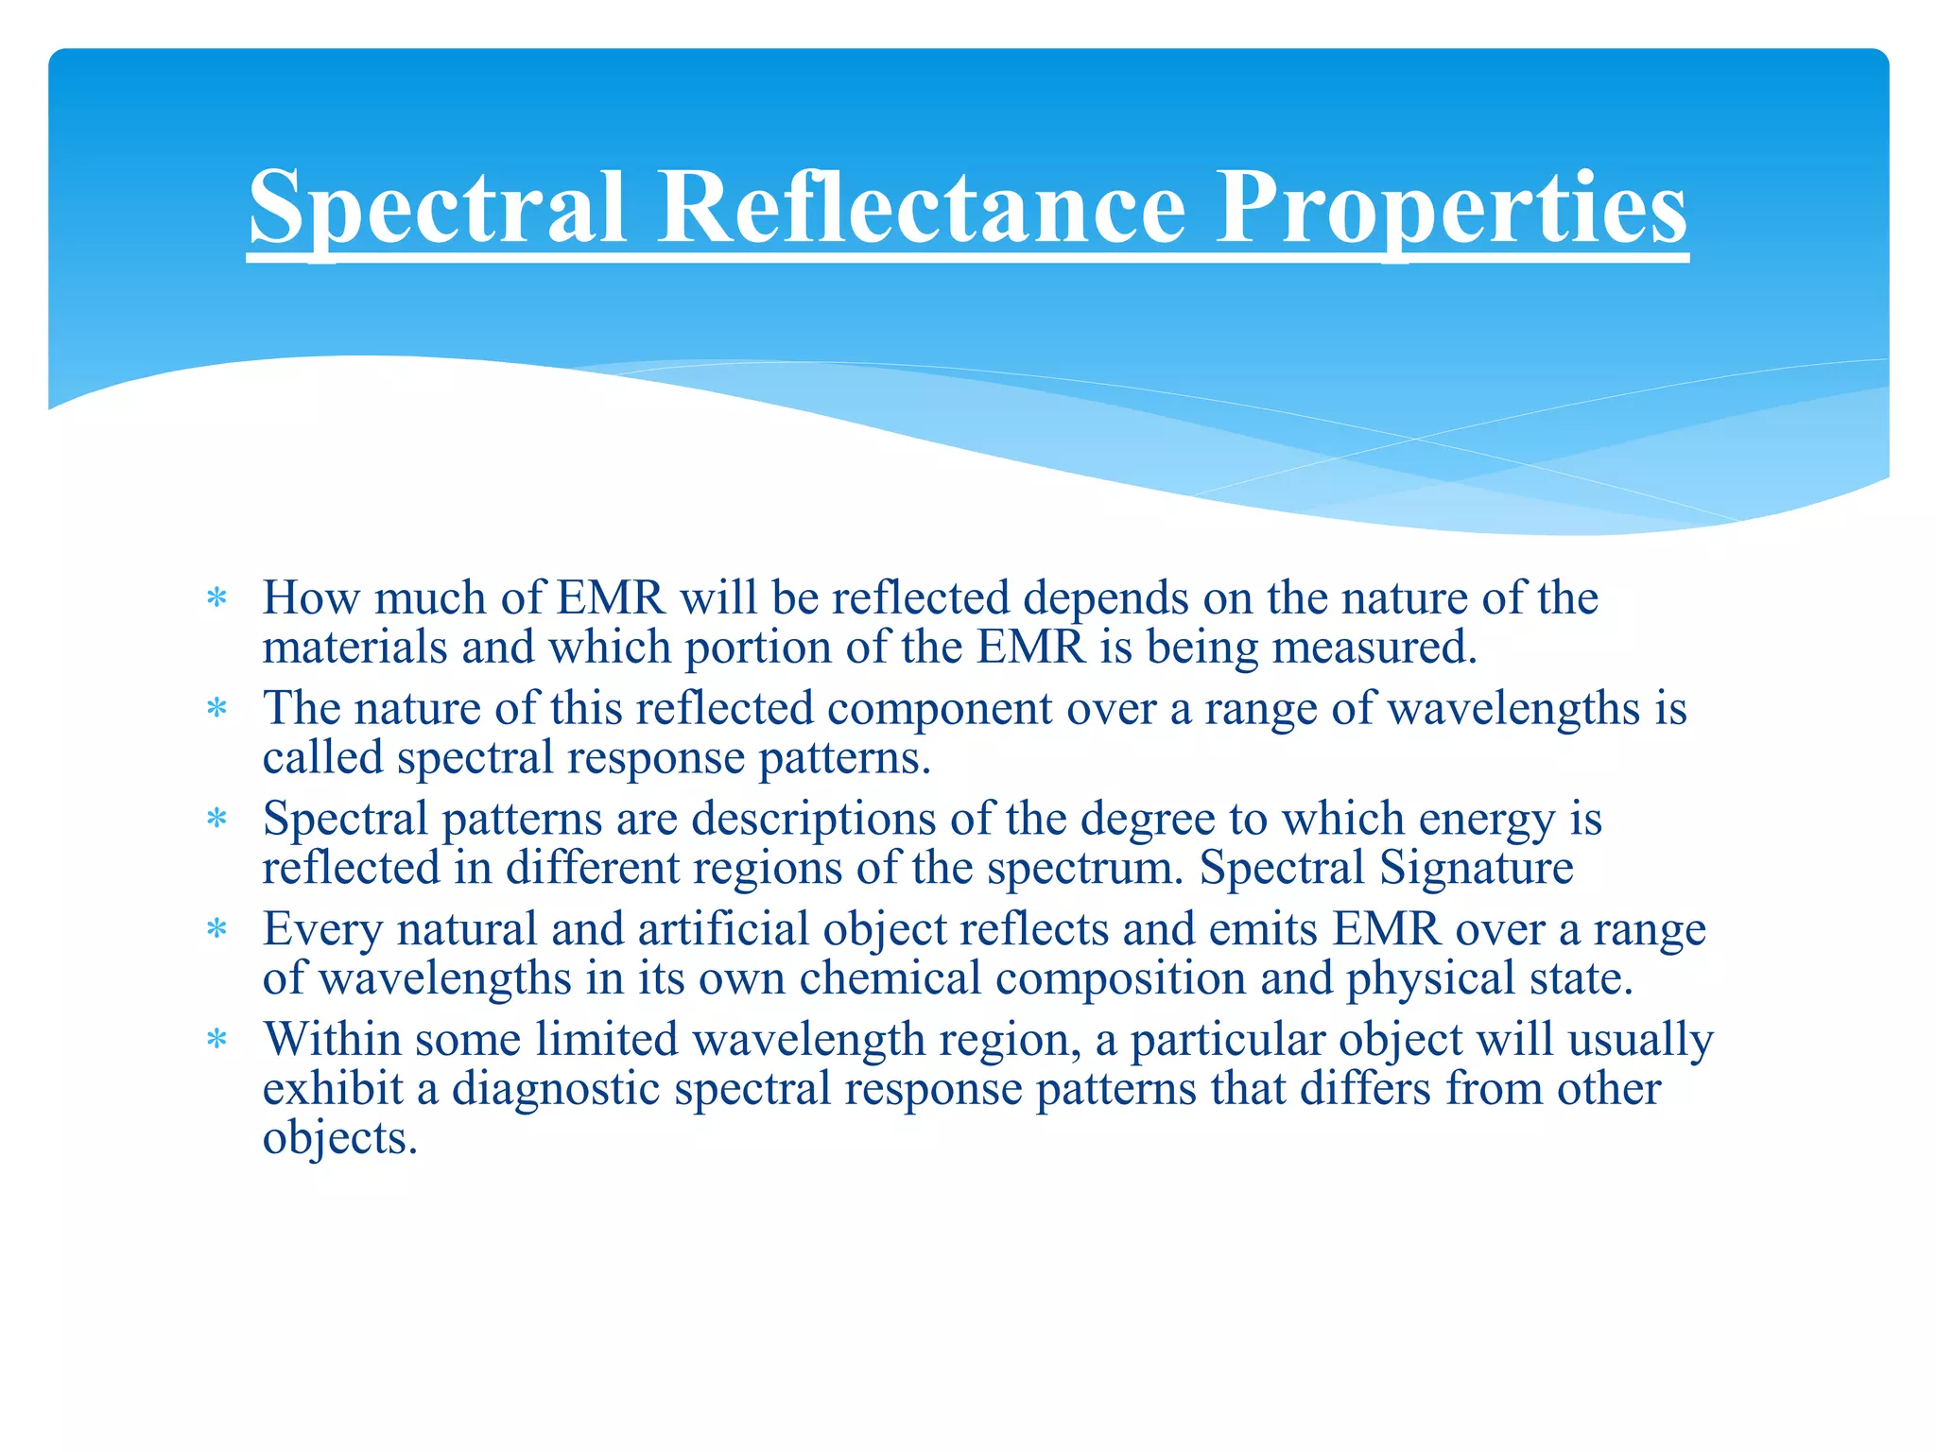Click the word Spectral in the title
[x=437, y=208]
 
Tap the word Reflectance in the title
[x=922, y=208]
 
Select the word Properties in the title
[x=1451, y=208]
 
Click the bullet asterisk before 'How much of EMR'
[x=217, y=598]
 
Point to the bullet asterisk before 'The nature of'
[x=217, y=709]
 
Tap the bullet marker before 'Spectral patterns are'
[x=217, y=819]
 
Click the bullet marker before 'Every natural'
[x=217, y=929]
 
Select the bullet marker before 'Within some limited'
[x=217, y=1040]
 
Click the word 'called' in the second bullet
[x=322, y=758]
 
